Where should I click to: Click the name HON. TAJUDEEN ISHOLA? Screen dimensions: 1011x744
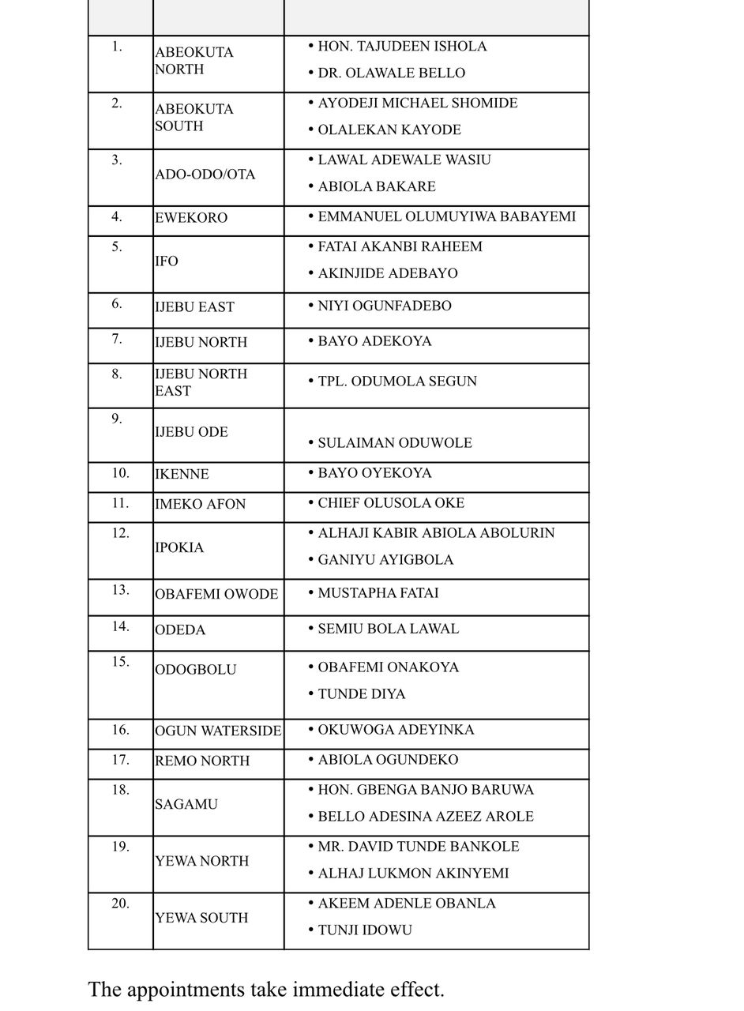click(x=402, y=47)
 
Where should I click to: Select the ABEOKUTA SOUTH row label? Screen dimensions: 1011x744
click(x=194, y=118)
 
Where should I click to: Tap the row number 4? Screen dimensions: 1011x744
click(x=117, y=216)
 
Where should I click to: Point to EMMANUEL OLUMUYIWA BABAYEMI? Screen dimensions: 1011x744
click(x=446, y=216)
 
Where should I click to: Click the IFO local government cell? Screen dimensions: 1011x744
click(x=167, y=261)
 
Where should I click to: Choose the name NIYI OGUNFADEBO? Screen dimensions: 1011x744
click(x=385, y=306)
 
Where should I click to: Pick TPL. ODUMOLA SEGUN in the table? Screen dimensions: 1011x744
click(x=397, y=381)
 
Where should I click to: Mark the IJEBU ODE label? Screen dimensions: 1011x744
click(x=191, y=432)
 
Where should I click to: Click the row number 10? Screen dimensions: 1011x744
click(x=120, y=473)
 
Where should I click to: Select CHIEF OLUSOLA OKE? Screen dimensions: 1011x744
click(x=391, y=503)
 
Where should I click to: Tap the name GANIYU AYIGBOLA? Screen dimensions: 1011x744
click(x=385, y=560)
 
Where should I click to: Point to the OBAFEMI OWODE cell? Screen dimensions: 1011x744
click(x=216, y=594)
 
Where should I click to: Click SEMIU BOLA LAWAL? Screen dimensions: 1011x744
click(x=388, y=629)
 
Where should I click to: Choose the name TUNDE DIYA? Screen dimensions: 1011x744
click(x=362, y=694)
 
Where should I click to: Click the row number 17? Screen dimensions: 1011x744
click(x=120, y=760)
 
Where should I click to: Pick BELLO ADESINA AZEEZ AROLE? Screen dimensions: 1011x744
click(x=426, y=817)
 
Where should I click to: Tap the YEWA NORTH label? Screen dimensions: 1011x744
click(x=202, y=861)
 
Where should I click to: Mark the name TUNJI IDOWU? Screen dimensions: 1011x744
click(x=365, y=930)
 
